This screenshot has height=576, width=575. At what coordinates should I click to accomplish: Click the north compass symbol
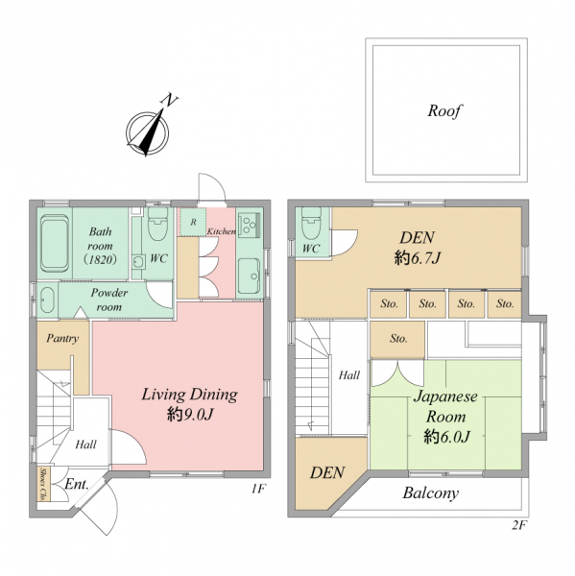[x=147, y=132]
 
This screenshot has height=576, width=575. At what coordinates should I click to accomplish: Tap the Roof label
[x=444, y=111]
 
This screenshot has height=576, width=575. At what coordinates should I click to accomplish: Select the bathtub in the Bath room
[x=55, y=243]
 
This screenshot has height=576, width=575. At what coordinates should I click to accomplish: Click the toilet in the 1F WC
[x=157, y=224]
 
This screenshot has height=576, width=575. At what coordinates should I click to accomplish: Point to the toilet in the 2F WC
[x=311, y=223]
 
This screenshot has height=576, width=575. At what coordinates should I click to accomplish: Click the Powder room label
[x=109, y=300]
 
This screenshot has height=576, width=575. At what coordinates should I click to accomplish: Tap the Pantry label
[x=62, y=338]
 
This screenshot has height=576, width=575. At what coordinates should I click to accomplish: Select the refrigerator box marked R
[x=193, y=222]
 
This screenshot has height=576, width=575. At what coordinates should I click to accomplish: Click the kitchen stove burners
[x=250, y=224]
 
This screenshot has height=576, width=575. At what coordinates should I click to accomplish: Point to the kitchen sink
[x=250, y=276]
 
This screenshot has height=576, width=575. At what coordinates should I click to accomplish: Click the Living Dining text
[x=189, y=396]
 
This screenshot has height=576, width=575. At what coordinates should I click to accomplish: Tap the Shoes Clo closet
[x=44, y=484]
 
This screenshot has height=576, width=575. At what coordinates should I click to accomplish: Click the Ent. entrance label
[x=77, y=484]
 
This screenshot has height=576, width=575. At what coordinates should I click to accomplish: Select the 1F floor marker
[x=258, y=489]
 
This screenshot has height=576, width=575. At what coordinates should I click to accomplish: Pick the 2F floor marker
[x=519, y=525]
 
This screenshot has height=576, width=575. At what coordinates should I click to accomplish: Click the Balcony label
[x=431, y=493]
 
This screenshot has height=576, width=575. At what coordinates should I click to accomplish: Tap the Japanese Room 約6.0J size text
[x=446, y=437]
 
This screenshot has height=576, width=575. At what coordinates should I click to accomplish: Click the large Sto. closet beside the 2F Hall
[x=397, y=340]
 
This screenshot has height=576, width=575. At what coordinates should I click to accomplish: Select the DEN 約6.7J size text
[x=417, y=258]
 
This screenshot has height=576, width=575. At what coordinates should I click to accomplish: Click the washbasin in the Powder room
[x=47, y=300]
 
